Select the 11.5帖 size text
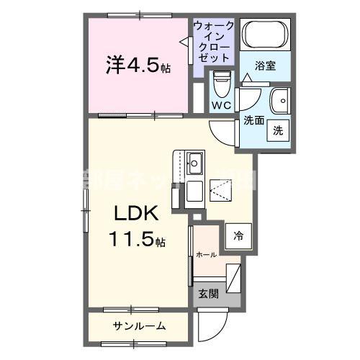137,239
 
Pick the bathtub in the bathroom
264,34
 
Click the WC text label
220,106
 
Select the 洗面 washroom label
253,120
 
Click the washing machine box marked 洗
277,130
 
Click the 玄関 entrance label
208,294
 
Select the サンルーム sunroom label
139,326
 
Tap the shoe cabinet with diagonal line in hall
234,276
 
